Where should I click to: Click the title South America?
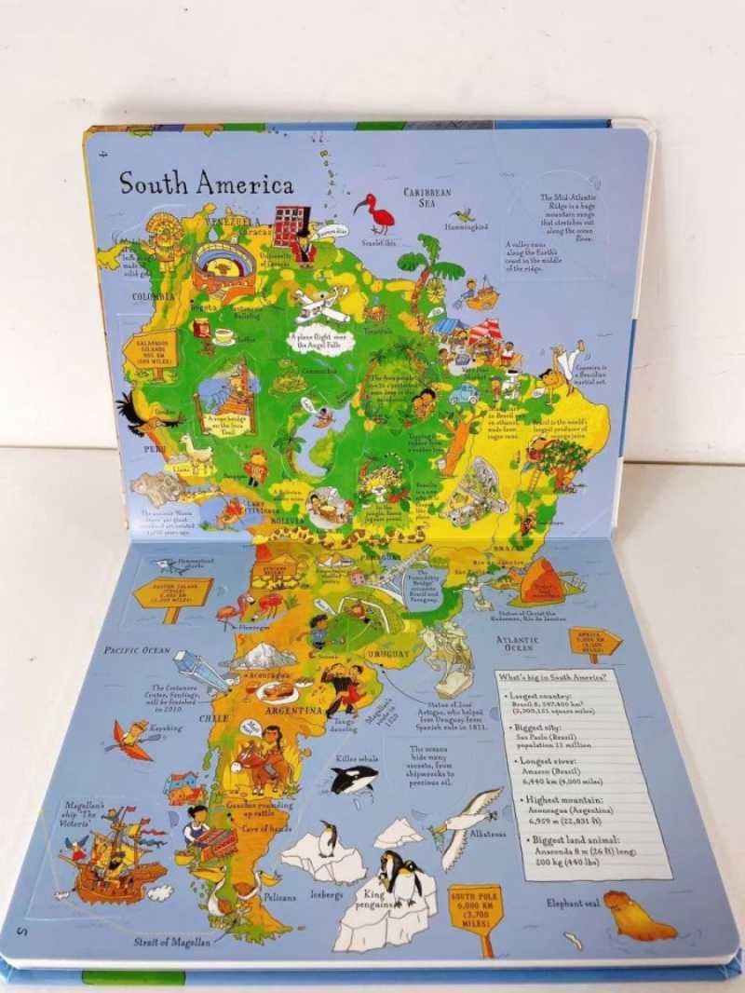pos(206,183)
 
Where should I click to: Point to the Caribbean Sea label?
pos(427,197)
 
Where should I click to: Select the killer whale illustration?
pos(355,778)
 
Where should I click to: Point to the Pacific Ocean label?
pos(137,649)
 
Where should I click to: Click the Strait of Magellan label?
pos(173,941)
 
